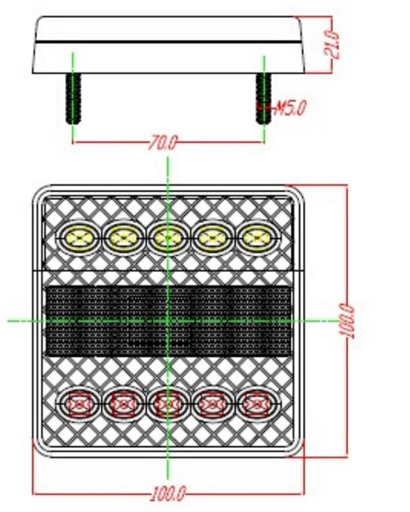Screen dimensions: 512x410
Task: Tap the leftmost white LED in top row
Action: click(x=77, y=236)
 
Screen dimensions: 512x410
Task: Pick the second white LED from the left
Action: click(x=122, y=236)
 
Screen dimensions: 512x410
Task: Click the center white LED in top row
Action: click(x=167, y=236)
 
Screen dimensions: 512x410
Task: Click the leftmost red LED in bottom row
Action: click(x=77, y=403)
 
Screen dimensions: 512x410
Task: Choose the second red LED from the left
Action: click(x=122, y=403)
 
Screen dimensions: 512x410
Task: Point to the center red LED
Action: click(x=167, y=403)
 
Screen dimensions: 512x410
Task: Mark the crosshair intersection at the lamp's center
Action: click(x=168, y=321)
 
